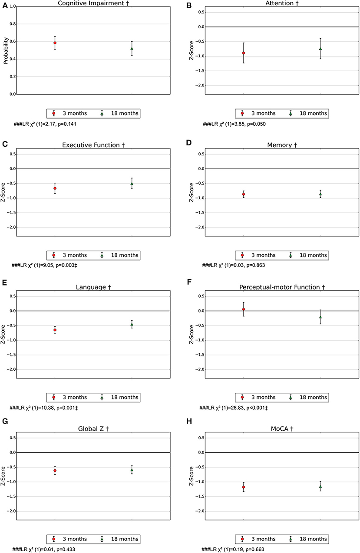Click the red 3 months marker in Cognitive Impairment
55,43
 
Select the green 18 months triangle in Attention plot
320,49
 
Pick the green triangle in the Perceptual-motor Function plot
320,317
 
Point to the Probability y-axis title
6,51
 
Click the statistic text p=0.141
66,124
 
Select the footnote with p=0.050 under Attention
234,124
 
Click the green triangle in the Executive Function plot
132,184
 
